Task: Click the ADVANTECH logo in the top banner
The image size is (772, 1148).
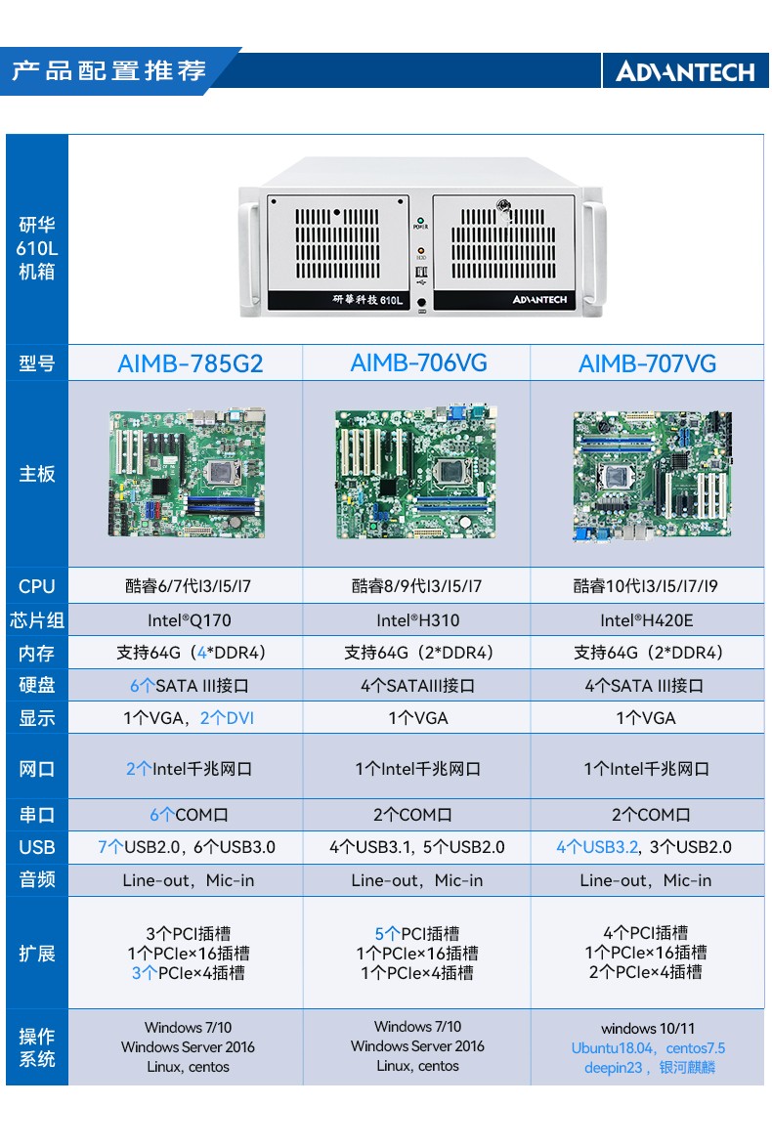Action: tap(685, 72)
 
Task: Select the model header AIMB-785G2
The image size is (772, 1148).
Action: tap(191, 364)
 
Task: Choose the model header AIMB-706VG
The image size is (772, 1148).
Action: tap(418, 363)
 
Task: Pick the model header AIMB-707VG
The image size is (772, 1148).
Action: tap(647, 364)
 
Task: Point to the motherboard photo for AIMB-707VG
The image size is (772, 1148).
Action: tap(651, 475)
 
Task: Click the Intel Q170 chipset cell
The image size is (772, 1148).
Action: tap(190, 620)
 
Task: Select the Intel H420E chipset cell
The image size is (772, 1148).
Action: tap(647, 620)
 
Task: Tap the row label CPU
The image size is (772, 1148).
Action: tap(37, 587)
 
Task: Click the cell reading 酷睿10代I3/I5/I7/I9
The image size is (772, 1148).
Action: tap(647, 587)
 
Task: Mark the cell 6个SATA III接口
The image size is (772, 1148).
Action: tap(190, 686)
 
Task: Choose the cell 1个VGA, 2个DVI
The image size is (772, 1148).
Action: tap(190, 718)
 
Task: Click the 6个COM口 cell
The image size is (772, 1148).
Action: tap(190, 815)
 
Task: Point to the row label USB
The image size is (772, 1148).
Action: tap(37, 848)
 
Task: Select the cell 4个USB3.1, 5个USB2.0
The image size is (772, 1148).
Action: tap(418, 847)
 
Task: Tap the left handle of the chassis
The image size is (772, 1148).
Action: tap(251, 254)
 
